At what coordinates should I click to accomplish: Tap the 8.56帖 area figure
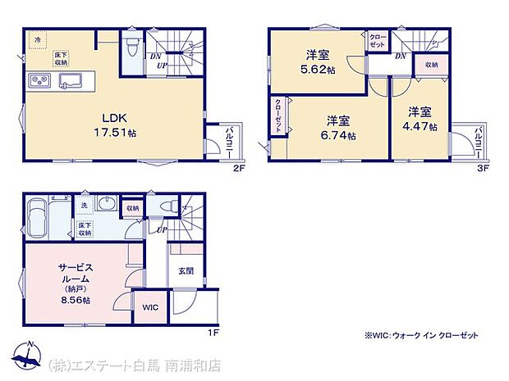click(75, 301)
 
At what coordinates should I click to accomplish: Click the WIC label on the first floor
click(149, 307)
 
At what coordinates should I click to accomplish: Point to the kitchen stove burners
click(40, 79)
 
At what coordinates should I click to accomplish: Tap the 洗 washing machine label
click(83, 205)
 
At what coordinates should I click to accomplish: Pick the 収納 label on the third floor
click(432, 62)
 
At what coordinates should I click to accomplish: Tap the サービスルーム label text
click(75, 273)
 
